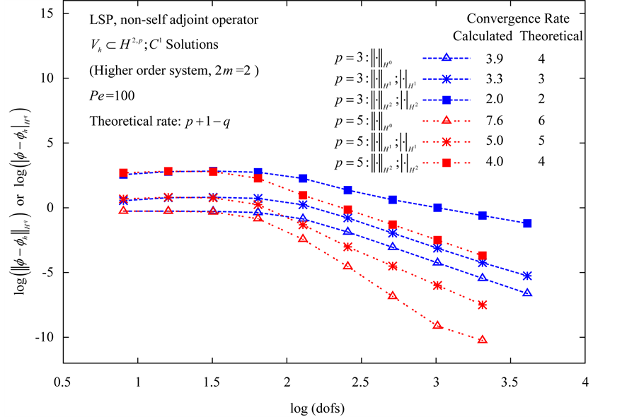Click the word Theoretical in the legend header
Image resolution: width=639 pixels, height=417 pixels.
(552, 35)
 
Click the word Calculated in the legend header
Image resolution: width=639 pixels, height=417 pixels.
(483, 35)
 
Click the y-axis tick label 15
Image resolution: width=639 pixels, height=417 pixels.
(47, 13)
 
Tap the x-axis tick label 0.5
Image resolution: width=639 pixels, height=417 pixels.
(63, 382)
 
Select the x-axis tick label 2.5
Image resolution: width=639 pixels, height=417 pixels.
(361, 382)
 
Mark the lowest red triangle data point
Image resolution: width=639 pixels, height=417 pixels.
(482, 340)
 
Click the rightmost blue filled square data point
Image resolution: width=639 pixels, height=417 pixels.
(527, 223)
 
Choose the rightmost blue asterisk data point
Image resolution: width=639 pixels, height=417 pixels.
(527, 276)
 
